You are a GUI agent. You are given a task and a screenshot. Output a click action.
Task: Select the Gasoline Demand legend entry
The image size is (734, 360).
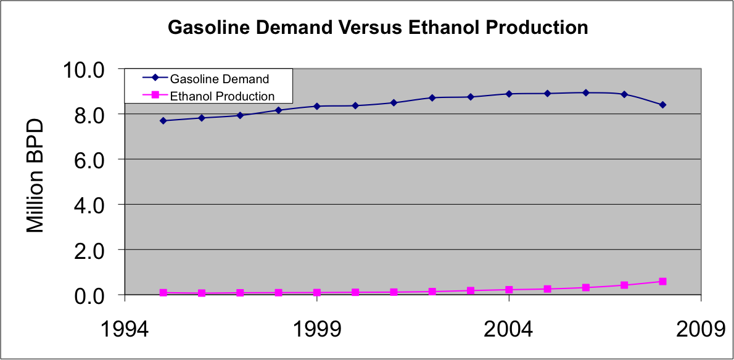coord(219,79)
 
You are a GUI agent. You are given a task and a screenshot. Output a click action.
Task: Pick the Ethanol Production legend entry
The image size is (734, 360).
coord(221,96)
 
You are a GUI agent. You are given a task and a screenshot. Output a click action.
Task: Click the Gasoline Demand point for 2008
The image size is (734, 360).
coord(662,105)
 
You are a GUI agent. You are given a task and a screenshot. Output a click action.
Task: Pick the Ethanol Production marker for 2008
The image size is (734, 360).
coord(662,281)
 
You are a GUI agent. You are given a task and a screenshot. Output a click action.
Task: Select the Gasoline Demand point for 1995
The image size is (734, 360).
coord(163,121)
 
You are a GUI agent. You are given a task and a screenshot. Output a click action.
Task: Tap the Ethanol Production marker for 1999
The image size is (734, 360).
coord(317,293)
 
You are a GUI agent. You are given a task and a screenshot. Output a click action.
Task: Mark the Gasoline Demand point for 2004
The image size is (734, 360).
coord(509,94)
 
